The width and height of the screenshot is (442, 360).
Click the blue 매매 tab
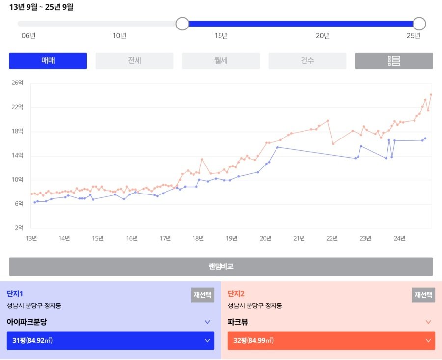[48, 61]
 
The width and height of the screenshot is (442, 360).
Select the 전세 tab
[134, 61]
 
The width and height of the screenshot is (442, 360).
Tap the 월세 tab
[221, 61]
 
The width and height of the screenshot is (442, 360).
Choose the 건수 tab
[307, 61]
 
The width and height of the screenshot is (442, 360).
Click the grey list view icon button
[393, 61]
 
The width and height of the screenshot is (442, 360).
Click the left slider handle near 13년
[182, 24]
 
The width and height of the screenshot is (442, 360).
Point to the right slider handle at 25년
[419, 24]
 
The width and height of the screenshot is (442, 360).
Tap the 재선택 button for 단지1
[202, 295]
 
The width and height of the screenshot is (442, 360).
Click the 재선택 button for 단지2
[423, 295]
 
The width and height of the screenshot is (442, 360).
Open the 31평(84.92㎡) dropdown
[110, 340]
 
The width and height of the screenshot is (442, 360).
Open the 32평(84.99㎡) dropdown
[331, 340]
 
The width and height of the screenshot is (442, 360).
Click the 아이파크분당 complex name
[27, 322]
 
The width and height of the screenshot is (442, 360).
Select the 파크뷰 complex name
[238, 322]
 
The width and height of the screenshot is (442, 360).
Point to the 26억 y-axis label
[17, 83]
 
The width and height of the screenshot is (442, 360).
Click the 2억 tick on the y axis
[19, 228]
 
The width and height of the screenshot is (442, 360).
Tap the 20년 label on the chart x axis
[265, 239]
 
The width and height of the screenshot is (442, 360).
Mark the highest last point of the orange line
[431, 94]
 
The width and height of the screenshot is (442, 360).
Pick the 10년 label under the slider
[119, 36]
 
